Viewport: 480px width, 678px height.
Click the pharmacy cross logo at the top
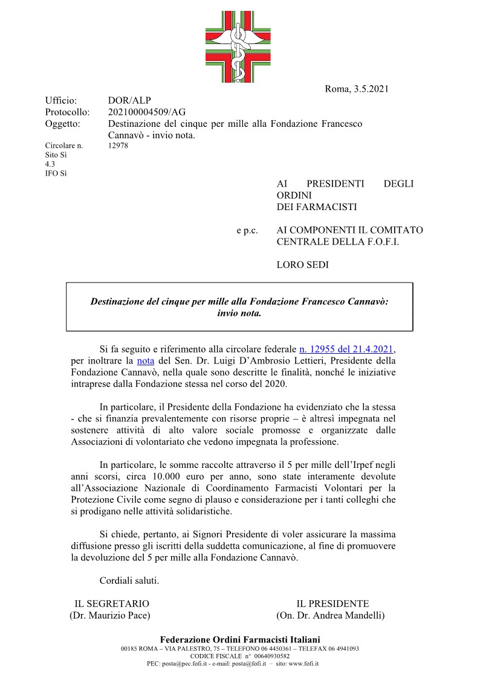coord(240,47)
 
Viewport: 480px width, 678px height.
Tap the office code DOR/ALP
coord(129,101)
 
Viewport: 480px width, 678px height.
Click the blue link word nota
coord(146,361)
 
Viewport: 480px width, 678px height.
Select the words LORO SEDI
coord(302,265)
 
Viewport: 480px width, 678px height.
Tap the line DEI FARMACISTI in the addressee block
coord(317,207)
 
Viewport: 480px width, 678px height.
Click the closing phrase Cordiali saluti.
coord(129,581)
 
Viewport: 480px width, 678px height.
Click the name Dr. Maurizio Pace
coord(110,615)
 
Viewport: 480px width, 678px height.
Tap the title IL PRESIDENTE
coord(332,604)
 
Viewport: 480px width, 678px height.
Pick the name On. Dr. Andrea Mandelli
coord(330,615)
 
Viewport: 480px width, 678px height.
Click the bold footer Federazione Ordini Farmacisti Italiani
coord(240,639)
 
